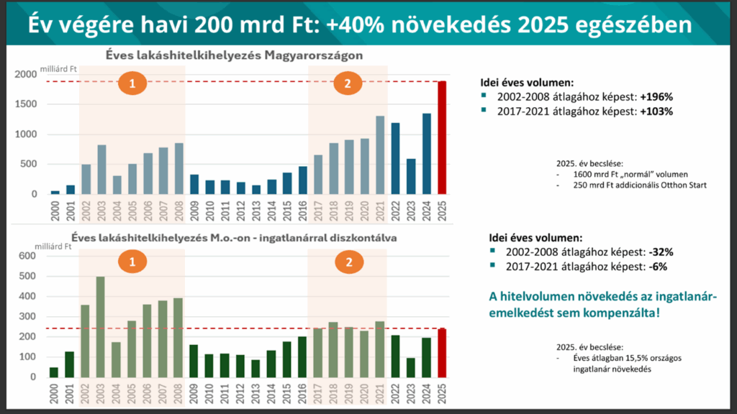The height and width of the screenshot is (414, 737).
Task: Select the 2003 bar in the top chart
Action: [101, 170]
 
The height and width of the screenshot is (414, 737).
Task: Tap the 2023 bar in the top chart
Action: [411, 177]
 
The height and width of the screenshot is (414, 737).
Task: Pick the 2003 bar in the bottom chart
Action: [101, 327]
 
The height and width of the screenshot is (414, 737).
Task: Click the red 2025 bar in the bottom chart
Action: [443, 353]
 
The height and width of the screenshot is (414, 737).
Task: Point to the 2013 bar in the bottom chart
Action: [256, 368]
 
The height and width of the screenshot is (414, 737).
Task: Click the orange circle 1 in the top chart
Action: [132, 84]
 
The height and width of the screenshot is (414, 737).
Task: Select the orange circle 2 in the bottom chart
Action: [348, 263]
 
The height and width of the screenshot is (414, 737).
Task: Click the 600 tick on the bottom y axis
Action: [28, 257]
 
